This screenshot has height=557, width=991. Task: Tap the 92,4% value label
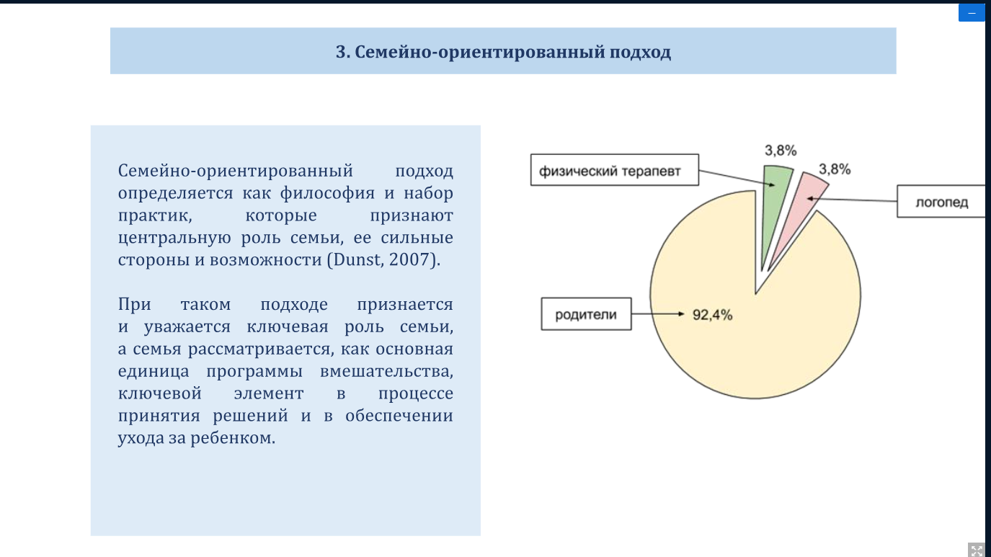coord(712,315)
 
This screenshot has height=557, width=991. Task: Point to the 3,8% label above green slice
coord(781,151)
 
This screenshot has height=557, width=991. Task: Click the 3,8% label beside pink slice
coord(835,169)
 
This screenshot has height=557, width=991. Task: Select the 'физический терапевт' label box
coord(615,170)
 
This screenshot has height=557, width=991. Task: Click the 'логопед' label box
coord(942,201)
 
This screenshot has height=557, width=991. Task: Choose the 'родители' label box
coord(586,314)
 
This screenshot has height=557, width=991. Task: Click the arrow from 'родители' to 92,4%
coord(658,313)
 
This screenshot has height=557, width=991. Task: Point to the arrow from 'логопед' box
coord(852,200)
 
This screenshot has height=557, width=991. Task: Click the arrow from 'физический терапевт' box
coord(737,178)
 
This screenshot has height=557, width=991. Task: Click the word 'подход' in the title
coord(640,52)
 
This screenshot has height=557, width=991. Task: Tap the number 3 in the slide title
coord(339,52)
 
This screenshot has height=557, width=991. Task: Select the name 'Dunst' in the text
coord(355,259)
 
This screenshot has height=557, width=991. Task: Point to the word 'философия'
coord(327,193)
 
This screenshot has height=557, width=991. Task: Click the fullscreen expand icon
coord(977,550)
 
